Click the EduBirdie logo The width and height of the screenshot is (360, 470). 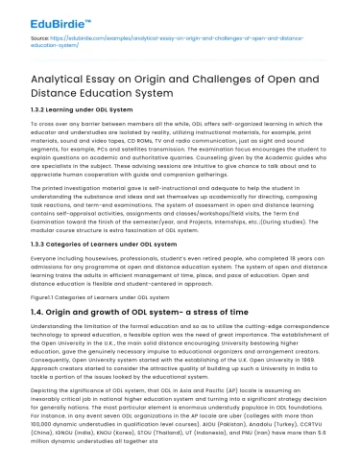coord(43,20)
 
